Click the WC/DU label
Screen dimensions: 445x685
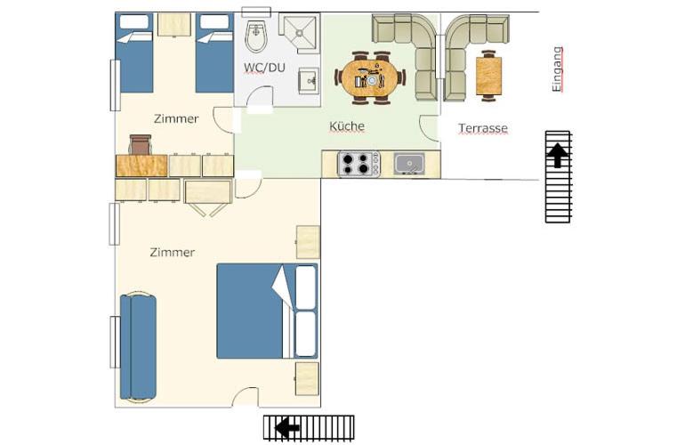pyautogui.click(x=265, y=68)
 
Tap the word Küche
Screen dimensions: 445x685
pyautogui.click(x=347, y=127)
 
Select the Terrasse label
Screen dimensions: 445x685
pyautogui.click(x=483, y=128)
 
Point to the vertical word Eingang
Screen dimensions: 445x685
pyautogui.click(x=558, y=69)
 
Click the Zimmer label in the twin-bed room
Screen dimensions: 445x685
pyautogui.click(x=175, y=118)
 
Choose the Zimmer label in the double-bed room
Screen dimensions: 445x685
pyautogui.click(x=172, y=253)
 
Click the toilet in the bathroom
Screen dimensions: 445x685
pyautogui.click(x=255, y=35)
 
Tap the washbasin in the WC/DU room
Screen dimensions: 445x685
pyautogui.click(x=309, y=81)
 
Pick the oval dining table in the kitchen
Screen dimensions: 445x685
pyautogui.click(x=368, y=77)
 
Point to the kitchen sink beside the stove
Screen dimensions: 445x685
pyautogui.click(x=408, y=164)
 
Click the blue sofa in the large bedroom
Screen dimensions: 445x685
pyautogui.click(x=138, y=346)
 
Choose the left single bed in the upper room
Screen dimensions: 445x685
pyautogui.click(x=135, y=53)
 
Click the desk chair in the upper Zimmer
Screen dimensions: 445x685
pyautogui.click(x=141, y=144)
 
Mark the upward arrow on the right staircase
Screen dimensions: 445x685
pyautogui.click(x=558, y=156)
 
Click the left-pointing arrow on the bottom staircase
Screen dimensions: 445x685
pyautogui.click(x=287, y=429)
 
